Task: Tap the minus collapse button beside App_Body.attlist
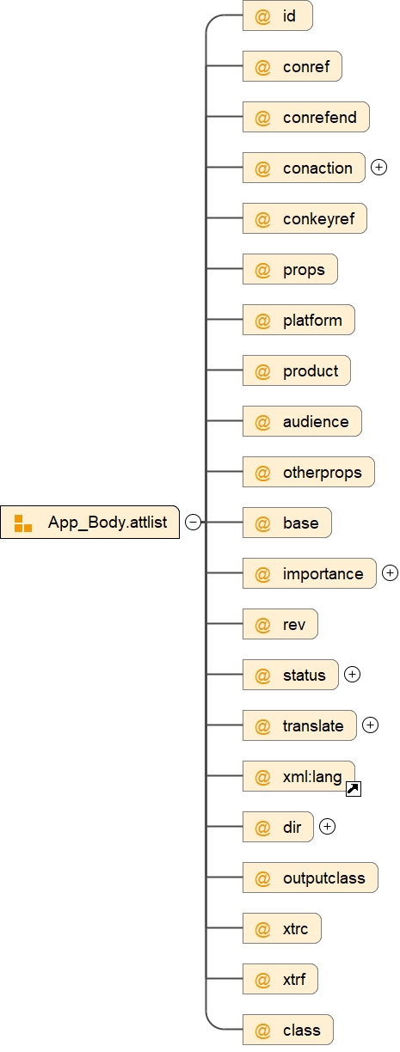(194, 523)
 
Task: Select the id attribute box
(277, 16)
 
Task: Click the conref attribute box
(292, 66)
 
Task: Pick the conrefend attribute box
(305, 117)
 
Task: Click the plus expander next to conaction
(378, 168)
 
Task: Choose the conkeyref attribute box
(305, 218)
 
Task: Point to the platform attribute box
(298, 321)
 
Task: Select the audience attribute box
(302, 422)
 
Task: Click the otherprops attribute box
(308, 473)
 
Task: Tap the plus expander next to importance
(390, 573)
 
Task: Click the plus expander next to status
(352, 675)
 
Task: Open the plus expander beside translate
(370, 725)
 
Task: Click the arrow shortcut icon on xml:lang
(353, 788)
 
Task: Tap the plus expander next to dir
(327, 827)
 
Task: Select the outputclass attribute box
(310, 878)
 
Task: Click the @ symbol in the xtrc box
(263, 928)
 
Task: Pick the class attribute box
(287, 1030)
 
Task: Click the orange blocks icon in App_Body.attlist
(23, 523)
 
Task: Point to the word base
(300, 523)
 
